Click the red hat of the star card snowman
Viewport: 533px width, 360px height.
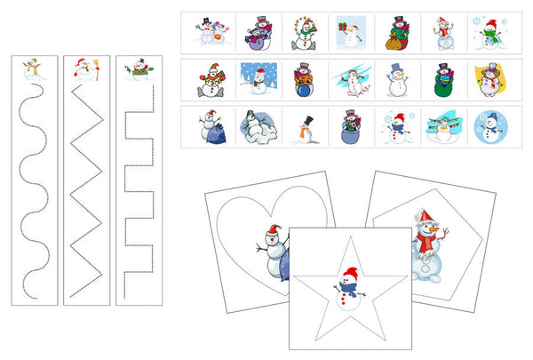point(349,273)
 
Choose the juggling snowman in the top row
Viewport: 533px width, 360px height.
point(305,32)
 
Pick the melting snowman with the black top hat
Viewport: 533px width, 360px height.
point(305,126)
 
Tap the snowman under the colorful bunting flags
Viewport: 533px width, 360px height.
point(441,126)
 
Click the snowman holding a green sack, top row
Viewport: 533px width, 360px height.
point(395,32)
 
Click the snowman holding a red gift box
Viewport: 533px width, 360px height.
point(350,32)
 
